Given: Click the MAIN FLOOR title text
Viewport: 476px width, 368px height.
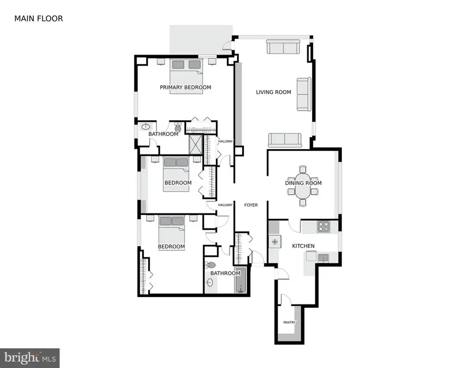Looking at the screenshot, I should click(x=39, y=19).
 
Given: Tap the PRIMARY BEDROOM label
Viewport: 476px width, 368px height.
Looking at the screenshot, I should click(x=186, y=87).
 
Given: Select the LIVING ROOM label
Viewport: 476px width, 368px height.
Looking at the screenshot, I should click(x=273, y=92).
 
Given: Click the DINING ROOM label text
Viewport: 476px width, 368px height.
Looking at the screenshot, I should click(x=303, y=183).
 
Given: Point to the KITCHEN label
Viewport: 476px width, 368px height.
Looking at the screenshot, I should click(x=303, y=246).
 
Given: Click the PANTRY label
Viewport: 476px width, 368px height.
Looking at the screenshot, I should click(x=288, y=322).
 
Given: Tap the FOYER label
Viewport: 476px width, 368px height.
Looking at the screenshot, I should click(x=251, y=205).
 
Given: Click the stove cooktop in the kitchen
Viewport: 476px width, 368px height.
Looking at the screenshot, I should click(x=323, y=227).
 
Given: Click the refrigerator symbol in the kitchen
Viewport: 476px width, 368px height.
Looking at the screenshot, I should click(x=274, y=242).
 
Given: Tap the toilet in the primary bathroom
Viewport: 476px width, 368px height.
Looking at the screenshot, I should click(x=178, y=128).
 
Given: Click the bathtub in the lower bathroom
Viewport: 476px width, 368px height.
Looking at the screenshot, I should click(x=242, y=280).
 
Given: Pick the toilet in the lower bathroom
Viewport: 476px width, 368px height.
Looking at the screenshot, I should click(x=212, y=265).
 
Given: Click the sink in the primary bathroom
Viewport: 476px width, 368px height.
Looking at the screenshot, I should click(x=145, y=127).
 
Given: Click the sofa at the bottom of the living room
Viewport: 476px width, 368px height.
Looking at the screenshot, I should click(x=284, y=140).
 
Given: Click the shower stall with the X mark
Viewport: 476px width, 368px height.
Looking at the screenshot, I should click(x=196, y=144).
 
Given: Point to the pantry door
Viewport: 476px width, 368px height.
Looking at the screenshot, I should click(x=283, y=299).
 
